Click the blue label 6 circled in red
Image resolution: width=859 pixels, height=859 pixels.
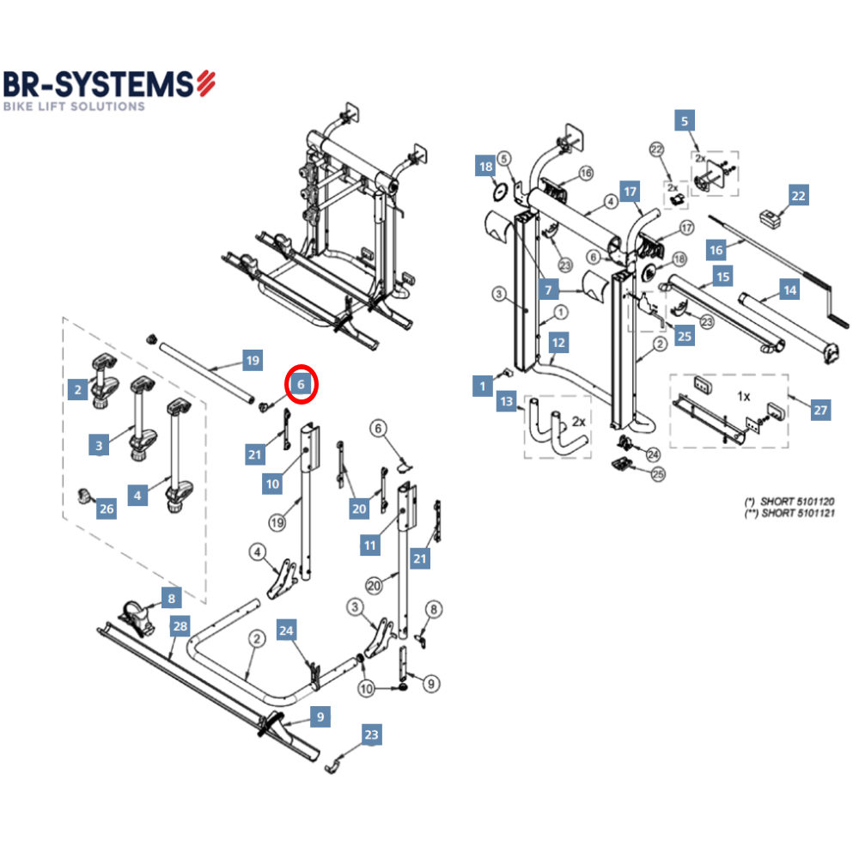[301, 384]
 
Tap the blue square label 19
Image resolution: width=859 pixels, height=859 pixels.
[252, 361]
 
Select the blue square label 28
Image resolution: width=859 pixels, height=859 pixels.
[179, 626]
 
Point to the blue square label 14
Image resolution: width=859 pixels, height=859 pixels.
[789, 290]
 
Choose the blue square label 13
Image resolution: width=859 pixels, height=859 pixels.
[507, 402]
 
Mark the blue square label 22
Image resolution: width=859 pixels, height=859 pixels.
[799, 196]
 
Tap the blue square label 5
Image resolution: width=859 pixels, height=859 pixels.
[685, 121]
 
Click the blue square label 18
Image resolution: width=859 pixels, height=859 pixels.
[485, 167]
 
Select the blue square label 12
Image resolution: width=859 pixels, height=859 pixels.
[558, 343]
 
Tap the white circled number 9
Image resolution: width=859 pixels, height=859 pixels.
[431, 684]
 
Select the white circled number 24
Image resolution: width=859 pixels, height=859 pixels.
[653, 454]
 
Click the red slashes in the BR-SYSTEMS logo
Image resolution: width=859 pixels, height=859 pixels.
[205, 83]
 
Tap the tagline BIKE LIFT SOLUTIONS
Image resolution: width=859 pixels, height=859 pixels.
[74, 107]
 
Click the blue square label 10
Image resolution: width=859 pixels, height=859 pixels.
[273, 484]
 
